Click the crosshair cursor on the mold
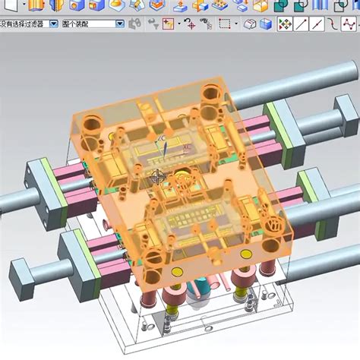pyautogui.click(x=158, y=177)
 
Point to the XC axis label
pyautogui.click(x=185, y=142)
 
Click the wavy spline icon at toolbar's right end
pyautogui.click(x=337, y=24)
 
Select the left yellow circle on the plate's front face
pyautogui.click(x=177, y=271)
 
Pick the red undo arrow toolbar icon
pyautogui.click(x=189, y=24)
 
